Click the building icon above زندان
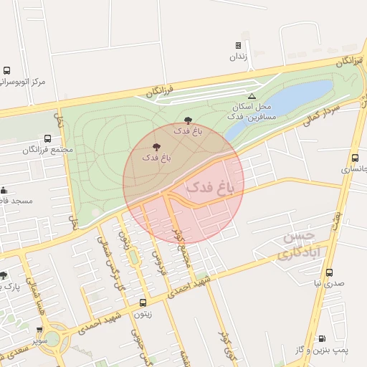point(239,45)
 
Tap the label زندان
point(239,57)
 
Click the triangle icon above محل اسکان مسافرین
point(251,96)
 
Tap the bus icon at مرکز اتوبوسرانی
point(6,71)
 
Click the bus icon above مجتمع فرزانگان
point(47,138)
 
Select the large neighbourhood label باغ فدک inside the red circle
point(215,187)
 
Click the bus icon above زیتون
point(143,303)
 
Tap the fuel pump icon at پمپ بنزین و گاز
point(321,338)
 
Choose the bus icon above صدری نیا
point(329,272)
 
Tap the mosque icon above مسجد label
point(4,190)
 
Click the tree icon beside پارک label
point(4,275)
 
